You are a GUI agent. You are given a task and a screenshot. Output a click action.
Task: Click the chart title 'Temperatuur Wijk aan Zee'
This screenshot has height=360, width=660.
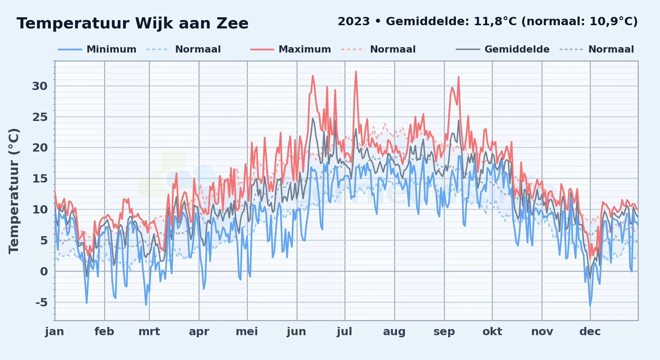coord(133,23)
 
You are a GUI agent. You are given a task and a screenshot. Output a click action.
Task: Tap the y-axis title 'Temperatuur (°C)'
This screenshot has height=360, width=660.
coord(14,191)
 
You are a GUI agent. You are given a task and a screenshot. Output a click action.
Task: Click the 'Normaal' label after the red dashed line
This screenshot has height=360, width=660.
coord(393,49)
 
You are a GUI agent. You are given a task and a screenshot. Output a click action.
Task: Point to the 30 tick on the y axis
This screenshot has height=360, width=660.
coord(40,86)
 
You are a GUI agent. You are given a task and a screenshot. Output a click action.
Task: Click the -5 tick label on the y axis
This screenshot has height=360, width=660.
coord(41,302)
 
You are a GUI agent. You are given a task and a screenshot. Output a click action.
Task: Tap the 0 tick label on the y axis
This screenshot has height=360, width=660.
coord(44,271)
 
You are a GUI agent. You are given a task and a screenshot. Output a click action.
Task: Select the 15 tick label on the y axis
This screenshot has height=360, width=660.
coord(40,179)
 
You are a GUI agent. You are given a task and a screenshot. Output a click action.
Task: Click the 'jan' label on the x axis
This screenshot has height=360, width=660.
coord(54,331)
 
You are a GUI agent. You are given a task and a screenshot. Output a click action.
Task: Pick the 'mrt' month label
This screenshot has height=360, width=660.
coord(149,331)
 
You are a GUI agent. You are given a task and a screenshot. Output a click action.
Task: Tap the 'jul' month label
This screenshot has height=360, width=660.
coord(344,331)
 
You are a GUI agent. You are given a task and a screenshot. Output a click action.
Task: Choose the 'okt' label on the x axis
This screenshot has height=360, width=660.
coord(492,331)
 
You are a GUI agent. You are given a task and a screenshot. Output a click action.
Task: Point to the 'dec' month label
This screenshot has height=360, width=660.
coord(590,331)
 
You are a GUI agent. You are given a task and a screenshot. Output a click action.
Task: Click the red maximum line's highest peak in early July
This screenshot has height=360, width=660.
coord(356,72)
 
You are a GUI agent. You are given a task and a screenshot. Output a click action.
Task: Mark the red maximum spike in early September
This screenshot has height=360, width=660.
coord(459,77)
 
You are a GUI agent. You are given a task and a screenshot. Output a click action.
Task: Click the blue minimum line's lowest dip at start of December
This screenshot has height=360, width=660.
coord(590,306)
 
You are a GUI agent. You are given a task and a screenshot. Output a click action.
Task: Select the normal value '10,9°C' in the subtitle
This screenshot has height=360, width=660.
coord(611,22)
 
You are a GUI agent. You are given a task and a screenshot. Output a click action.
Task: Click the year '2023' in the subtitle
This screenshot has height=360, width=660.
coord(354,22)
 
